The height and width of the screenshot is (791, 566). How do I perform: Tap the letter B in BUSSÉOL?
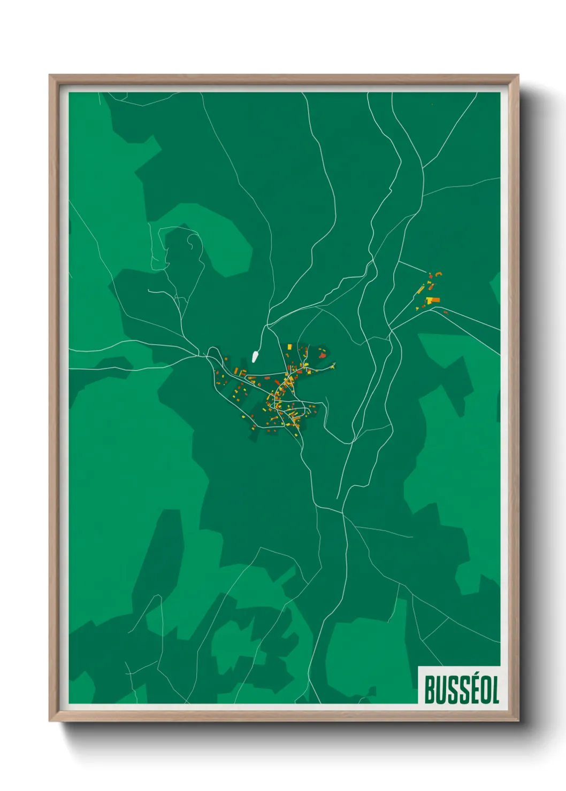[431, 690]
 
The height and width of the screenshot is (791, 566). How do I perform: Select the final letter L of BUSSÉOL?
[495, 690]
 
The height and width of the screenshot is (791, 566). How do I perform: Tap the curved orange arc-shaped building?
[439, 274]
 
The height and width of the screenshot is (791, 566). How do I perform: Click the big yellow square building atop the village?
[289, 347]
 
